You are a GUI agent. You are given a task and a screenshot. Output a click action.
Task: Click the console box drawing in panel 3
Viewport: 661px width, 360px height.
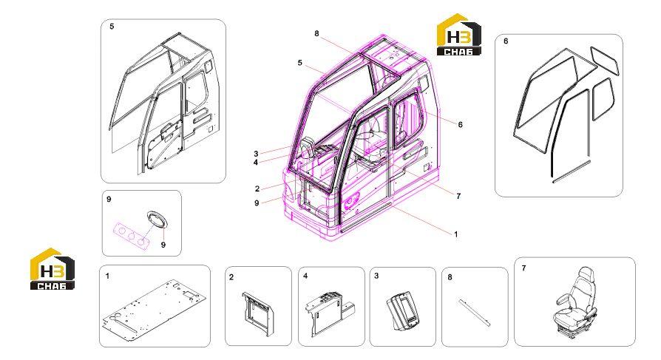[404, 311]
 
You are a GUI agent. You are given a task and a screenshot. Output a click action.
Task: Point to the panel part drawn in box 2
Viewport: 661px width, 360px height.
[258, 313]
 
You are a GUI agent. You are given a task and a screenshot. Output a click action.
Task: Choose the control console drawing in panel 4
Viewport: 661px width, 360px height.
[331, 313]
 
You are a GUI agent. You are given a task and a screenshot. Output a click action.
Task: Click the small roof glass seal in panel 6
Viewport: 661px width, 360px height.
[605, 61]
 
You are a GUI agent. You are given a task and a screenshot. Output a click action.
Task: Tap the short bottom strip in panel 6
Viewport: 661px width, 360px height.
[572, 171]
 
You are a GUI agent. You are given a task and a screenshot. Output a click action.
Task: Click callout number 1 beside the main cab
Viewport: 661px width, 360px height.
[455, 234]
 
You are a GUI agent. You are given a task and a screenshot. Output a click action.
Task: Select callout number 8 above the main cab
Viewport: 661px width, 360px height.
[316, 34]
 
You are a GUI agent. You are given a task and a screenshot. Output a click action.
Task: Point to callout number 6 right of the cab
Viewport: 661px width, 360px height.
[460, 125]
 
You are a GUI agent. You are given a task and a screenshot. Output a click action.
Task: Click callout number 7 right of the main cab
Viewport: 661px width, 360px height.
[458, 196]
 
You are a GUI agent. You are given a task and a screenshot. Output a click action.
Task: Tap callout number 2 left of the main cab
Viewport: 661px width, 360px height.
[257, 189]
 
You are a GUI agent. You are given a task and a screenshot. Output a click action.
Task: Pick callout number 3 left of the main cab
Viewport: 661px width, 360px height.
[256, 154]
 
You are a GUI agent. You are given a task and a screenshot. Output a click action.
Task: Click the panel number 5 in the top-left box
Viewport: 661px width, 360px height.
[112, 27]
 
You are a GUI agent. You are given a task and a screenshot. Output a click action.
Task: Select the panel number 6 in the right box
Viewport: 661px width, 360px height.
[506, 41]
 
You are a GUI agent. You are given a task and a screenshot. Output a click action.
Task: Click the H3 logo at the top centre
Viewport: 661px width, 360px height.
[458, 35]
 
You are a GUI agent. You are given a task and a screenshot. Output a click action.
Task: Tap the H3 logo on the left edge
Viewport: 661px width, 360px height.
[52, 269]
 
